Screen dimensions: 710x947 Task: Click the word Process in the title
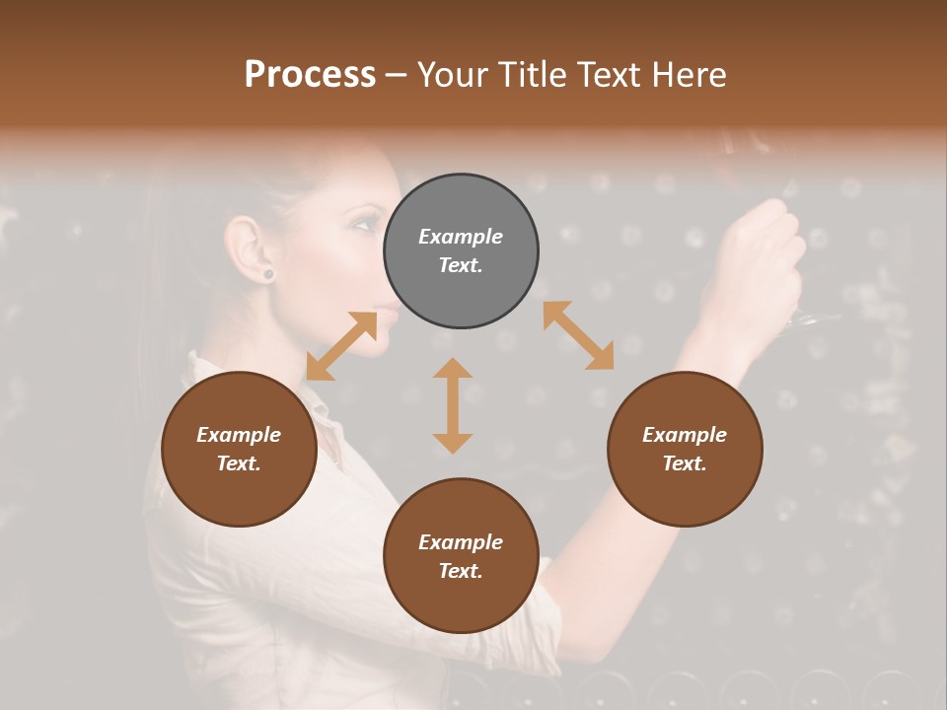(310, 75)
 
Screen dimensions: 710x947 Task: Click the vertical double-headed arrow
(453, 405)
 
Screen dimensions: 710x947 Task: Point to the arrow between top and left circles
(342, 345)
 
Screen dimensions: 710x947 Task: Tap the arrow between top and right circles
(578, 335)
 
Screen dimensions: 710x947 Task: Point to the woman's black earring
(266, 273)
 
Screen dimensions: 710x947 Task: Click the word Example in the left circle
(239, 435)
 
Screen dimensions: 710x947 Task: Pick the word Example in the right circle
(685, 435)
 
